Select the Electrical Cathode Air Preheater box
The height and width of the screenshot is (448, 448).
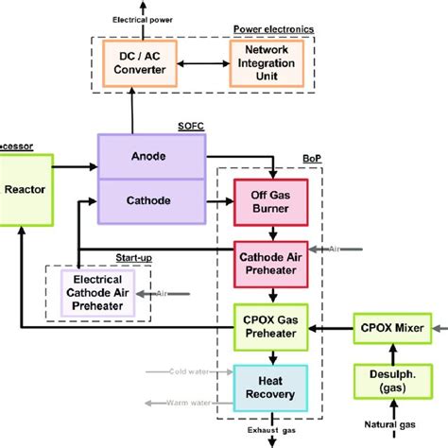pos(97,292)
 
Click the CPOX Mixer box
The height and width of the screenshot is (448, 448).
pos(391,328)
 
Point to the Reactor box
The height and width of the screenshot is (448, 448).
pos(24,189)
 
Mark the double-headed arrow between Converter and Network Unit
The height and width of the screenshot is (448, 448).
pos(201,63)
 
